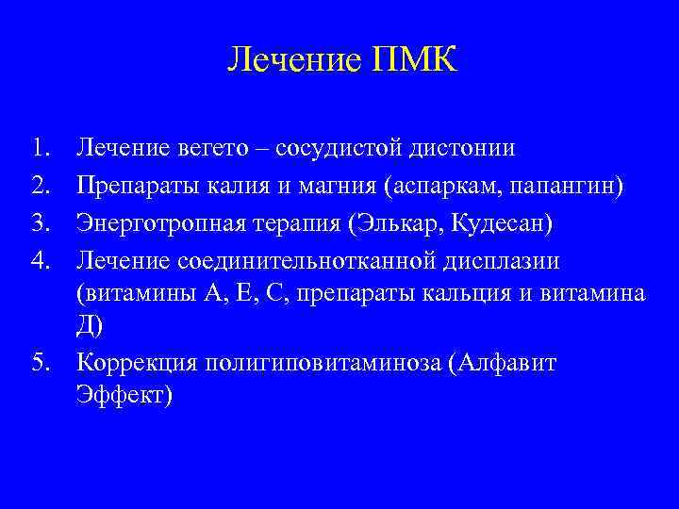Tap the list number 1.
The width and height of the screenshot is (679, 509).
(x=39, y=147)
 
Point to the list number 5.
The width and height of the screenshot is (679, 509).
(x=39, y=362)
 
